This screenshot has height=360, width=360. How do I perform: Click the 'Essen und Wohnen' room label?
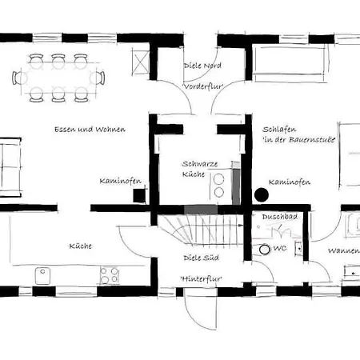click(90, 130)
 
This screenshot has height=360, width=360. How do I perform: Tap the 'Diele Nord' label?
click(202, 66)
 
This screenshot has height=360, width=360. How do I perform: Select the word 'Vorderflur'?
click(203, 86)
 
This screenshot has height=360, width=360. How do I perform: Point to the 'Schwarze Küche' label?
click(200, 169)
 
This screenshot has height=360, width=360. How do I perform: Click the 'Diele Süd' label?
click(202, 258)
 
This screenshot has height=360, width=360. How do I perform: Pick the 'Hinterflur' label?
click(202, 279)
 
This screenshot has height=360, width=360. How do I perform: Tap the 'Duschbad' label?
click(280, 217)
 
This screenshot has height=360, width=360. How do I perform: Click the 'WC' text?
click(280, 248)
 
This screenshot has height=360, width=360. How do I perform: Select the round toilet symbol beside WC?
click(265, 250)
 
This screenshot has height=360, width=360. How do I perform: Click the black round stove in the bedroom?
click(262, 195)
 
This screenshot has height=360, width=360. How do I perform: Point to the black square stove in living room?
click(140, 195)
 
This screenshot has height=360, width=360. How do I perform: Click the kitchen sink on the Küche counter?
click(42, 276)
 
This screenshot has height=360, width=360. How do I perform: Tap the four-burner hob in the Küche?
click(110, 275)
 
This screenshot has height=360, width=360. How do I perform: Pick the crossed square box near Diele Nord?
click(140, 62)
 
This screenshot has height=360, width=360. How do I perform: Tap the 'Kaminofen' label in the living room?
click(120, 181)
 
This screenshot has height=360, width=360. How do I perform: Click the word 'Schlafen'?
click(279, 130)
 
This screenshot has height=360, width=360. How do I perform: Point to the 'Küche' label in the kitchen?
click(81, 246)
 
